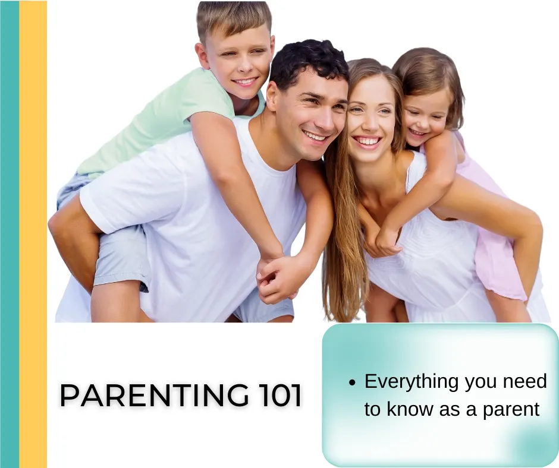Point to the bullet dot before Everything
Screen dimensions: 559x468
[352, 383]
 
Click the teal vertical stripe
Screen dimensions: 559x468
[10, 234]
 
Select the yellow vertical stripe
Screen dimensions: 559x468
[33, 234]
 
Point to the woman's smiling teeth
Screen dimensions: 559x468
[367, 141]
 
